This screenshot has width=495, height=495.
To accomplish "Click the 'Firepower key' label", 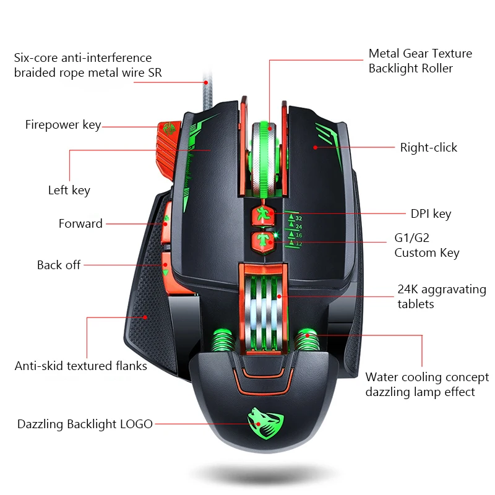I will (62, 125).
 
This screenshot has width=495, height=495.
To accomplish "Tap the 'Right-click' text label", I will (428, 147).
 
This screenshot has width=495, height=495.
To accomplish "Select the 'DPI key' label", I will (431, 214).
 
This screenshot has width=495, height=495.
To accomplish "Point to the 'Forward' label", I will (80, 224).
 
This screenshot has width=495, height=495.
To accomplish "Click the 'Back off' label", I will (59, 265).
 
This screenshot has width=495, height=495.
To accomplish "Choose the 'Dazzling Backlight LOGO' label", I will (85, 424).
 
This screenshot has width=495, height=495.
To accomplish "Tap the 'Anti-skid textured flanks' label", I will (81, 366).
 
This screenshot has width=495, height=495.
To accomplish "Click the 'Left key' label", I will (69, 191).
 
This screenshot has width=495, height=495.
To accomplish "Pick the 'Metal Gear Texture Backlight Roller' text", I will (420, 61).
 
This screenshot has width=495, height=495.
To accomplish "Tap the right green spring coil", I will (308, 340).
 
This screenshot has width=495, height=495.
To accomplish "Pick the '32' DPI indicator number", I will (299, 218).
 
